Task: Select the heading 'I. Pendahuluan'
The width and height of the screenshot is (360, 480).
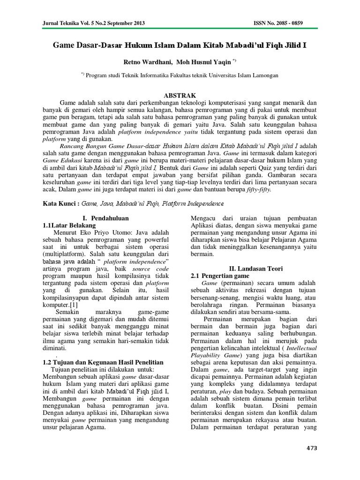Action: (105, 218)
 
